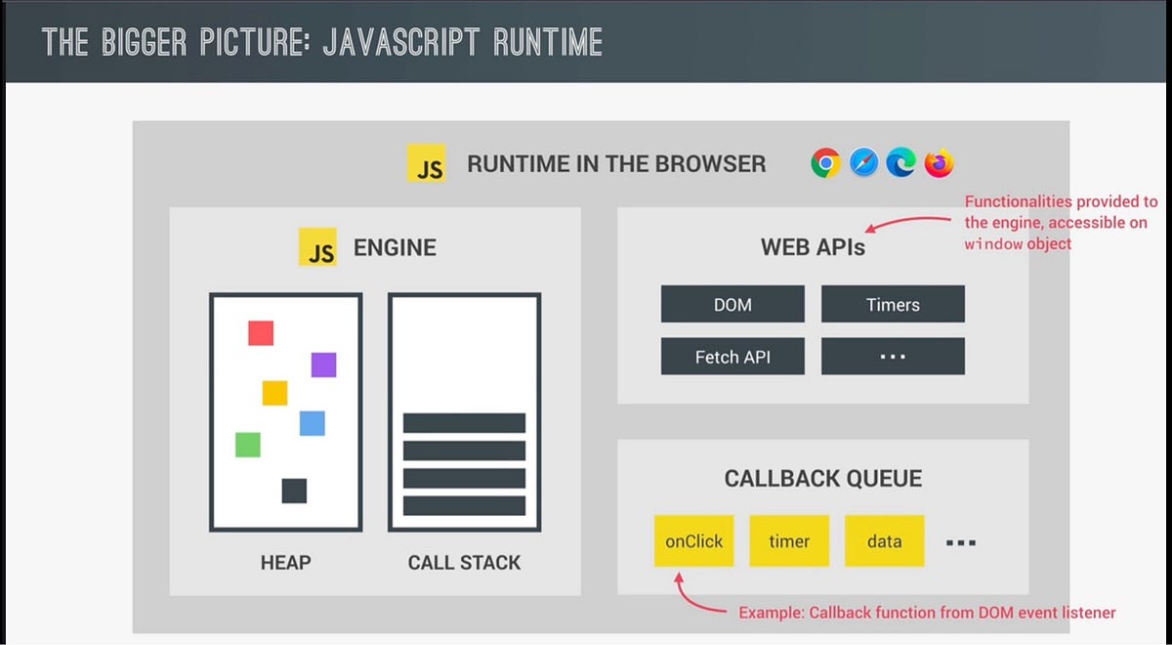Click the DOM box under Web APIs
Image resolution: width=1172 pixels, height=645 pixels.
click(732, 304)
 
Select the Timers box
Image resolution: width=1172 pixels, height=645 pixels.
click(893, 304)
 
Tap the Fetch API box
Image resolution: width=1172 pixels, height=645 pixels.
click(732, 357)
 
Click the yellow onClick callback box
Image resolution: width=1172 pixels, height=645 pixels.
click(693, 540)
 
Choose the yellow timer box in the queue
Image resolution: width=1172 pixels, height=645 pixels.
click(789, 540)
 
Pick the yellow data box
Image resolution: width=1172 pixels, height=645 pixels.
click(884, 540)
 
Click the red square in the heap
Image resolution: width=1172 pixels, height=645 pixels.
click(261, 332)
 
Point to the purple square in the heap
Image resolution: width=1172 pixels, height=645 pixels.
click(323, 365)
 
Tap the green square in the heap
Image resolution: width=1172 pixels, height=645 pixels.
click(248, 445)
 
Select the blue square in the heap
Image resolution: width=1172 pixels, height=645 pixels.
click(312, 423)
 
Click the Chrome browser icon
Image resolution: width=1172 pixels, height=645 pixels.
click(825, 163)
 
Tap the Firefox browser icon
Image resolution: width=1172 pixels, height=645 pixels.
click(939, 163)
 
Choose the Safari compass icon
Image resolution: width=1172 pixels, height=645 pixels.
click(863, 163)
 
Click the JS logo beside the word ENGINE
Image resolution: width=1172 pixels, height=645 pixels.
click(317, 247)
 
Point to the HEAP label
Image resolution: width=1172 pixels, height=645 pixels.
click(285, 563)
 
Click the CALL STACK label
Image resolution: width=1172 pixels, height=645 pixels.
click(464, 563)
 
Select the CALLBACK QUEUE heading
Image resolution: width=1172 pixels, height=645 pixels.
click(822, 479)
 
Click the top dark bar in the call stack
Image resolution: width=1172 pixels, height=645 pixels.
click(464, 423)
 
